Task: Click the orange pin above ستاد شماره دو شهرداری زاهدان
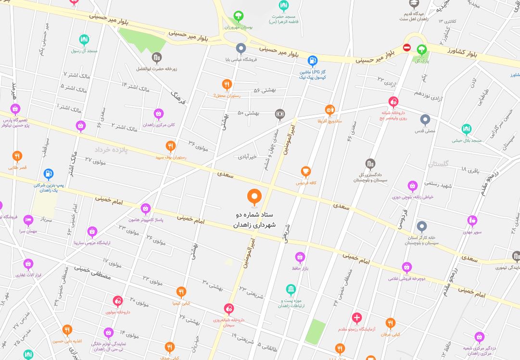pos(254,196)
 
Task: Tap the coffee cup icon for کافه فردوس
pos(305,172)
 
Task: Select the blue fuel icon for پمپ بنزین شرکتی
pos(48,174)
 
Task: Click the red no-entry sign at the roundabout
pos(406,48)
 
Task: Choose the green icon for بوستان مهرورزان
pos(238,17)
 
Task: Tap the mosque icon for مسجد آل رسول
pos(84,39)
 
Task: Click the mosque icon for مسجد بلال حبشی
pos(466,129)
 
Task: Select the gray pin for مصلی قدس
pos(425,119)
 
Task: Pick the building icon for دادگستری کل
pos(370,164)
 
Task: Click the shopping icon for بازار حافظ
pos(300,257)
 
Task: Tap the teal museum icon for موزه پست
pos(291,289)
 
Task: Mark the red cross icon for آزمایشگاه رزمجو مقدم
pos(356,318)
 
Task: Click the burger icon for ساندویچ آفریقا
pos(330,110)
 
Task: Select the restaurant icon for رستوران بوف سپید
pos(170,146)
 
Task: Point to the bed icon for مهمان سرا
pos(28,220)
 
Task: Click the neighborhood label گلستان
pos(438,164)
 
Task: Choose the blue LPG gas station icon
pos(313,61)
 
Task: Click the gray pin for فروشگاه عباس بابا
pos(241,48)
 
